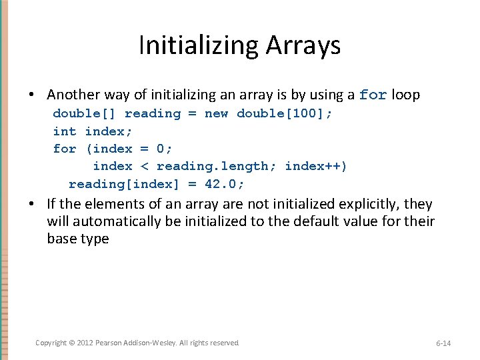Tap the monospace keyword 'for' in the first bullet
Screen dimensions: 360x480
(x=373, y=95)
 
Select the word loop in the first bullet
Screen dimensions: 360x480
(x=406, y=95)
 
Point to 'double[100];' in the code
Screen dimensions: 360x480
(x=285, y=113)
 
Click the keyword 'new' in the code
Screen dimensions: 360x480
(x=216, y=113)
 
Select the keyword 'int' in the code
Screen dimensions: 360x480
(x=65, y=131)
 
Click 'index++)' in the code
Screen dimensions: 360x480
(x=316, y=166)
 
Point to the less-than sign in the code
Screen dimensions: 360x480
(x=145, y=166)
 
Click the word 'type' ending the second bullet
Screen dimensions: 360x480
(x=94, y=239)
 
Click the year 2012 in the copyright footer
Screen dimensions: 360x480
(x=85, y=343)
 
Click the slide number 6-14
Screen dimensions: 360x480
(x=443, y=343)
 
